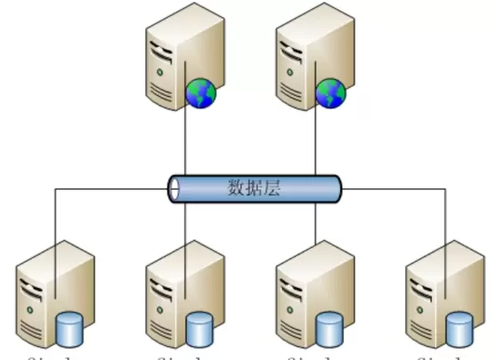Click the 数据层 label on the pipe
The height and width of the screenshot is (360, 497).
pos(254,188)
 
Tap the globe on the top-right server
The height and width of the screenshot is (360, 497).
pos(330,94)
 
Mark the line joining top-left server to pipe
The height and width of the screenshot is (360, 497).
pos(186,141)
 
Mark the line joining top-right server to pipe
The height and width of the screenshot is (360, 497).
pos(316,141)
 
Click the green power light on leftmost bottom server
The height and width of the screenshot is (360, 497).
pos(31,308)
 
